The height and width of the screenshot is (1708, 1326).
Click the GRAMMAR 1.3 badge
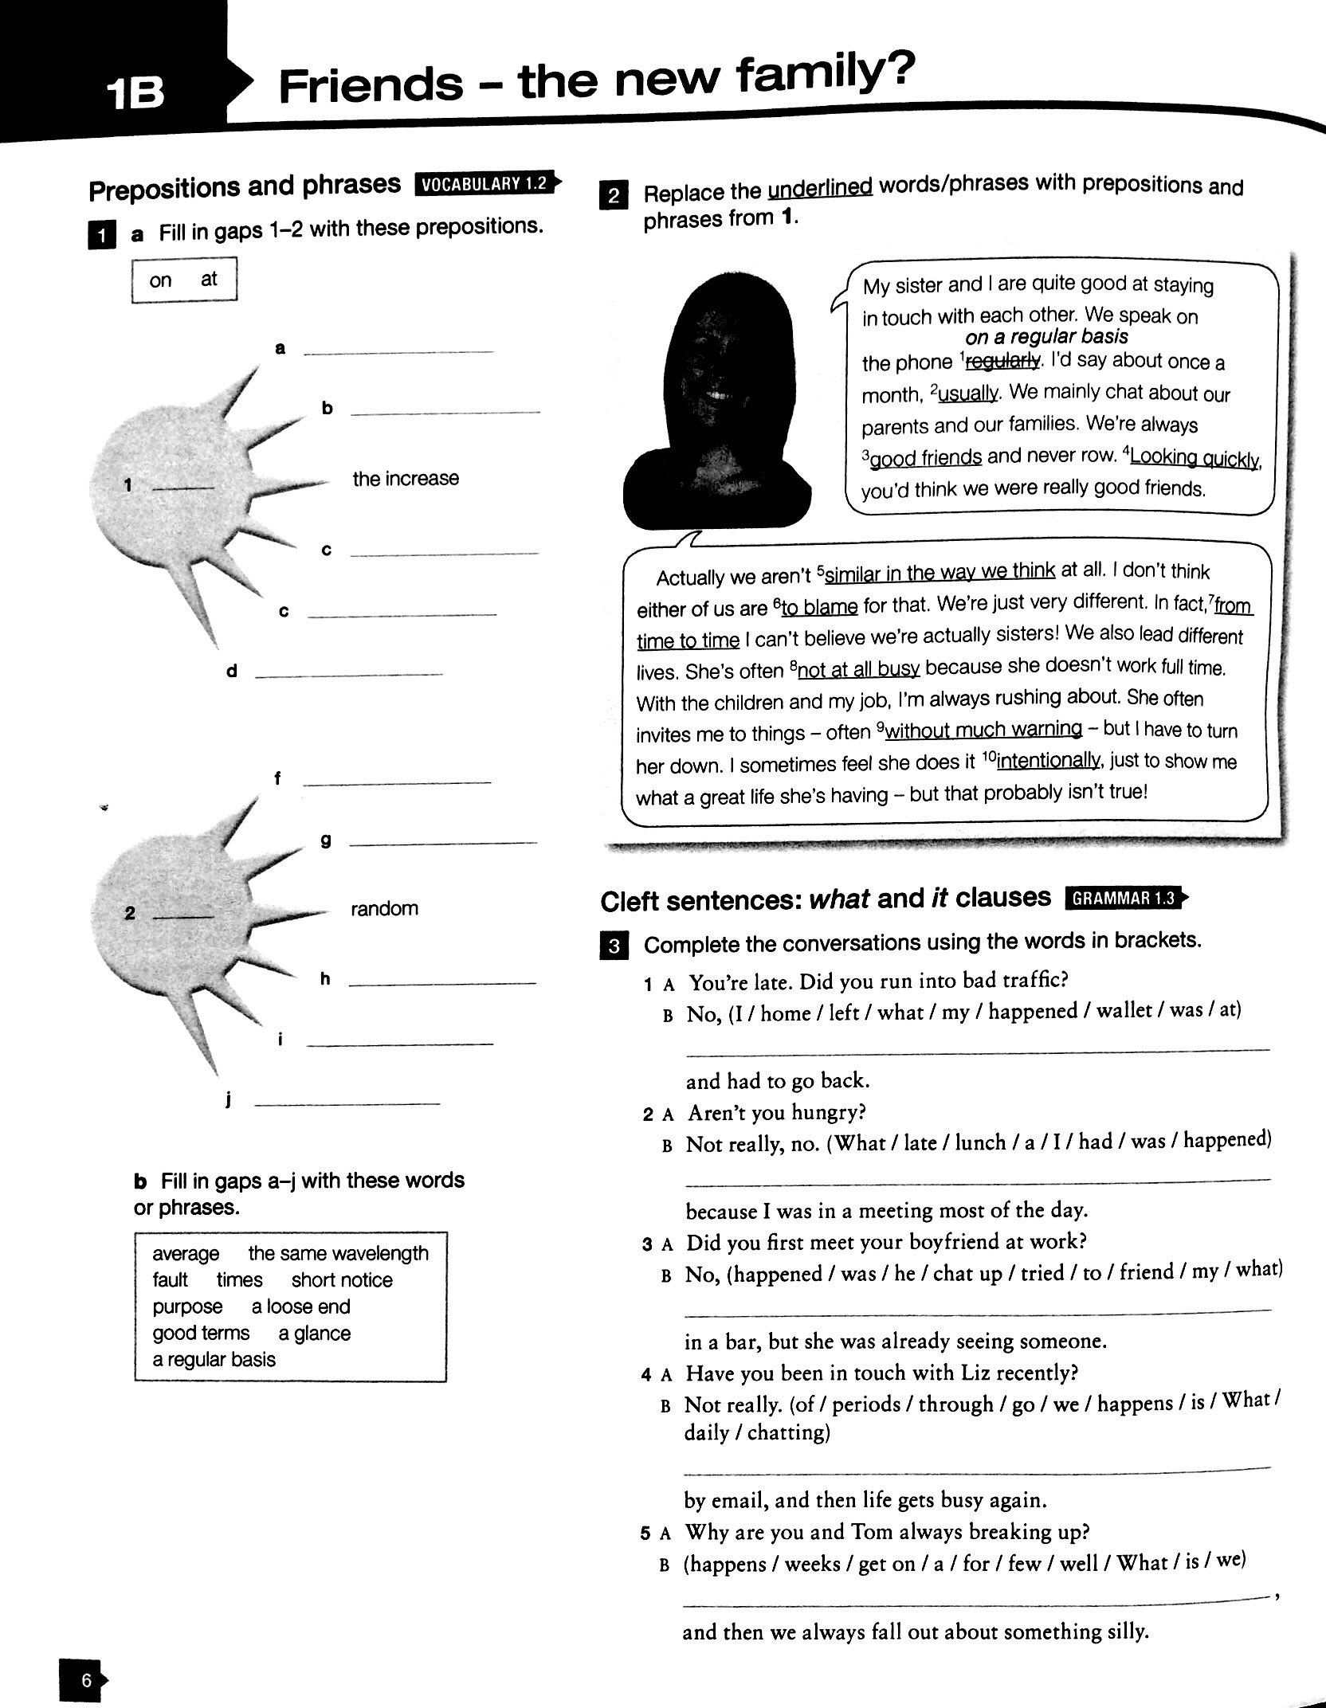[1124, 899]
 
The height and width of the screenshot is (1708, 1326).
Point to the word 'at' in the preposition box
[209, 279]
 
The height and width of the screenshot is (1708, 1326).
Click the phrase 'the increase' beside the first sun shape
[406, 479]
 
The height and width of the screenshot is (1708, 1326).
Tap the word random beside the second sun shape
[384, 908]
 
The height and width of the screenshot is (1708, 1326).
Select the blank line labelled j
[347, 1103]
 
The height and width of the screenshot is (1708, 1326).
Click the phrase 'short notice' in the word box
[342, 1280]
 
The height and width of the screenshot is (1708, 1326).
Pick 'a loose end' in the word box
[300, 1306]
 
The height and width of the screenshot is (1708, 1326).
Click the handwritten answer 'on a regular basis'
[1046, 337]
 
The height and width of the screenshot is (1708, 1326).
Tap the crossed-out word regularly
[1002, 362]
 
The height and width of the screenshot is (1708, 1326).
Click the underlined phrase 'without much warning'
[983, 730]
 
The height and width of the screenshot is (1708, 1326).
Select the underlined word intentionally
[1047, 761]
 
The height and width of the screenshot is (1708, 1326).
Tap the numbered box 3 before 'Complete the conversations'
[614, 946]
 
